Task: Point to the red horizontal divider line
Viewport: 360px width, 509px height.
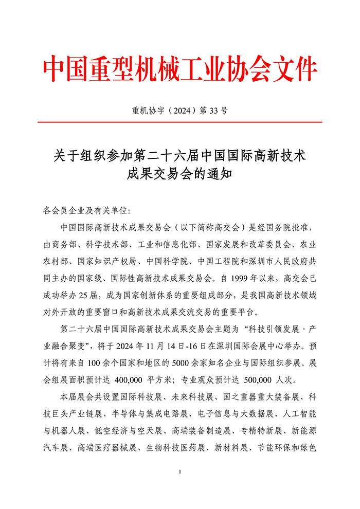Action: point(180,122)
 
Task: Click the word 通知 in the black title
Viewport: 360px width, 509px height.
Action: point(222,172)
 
